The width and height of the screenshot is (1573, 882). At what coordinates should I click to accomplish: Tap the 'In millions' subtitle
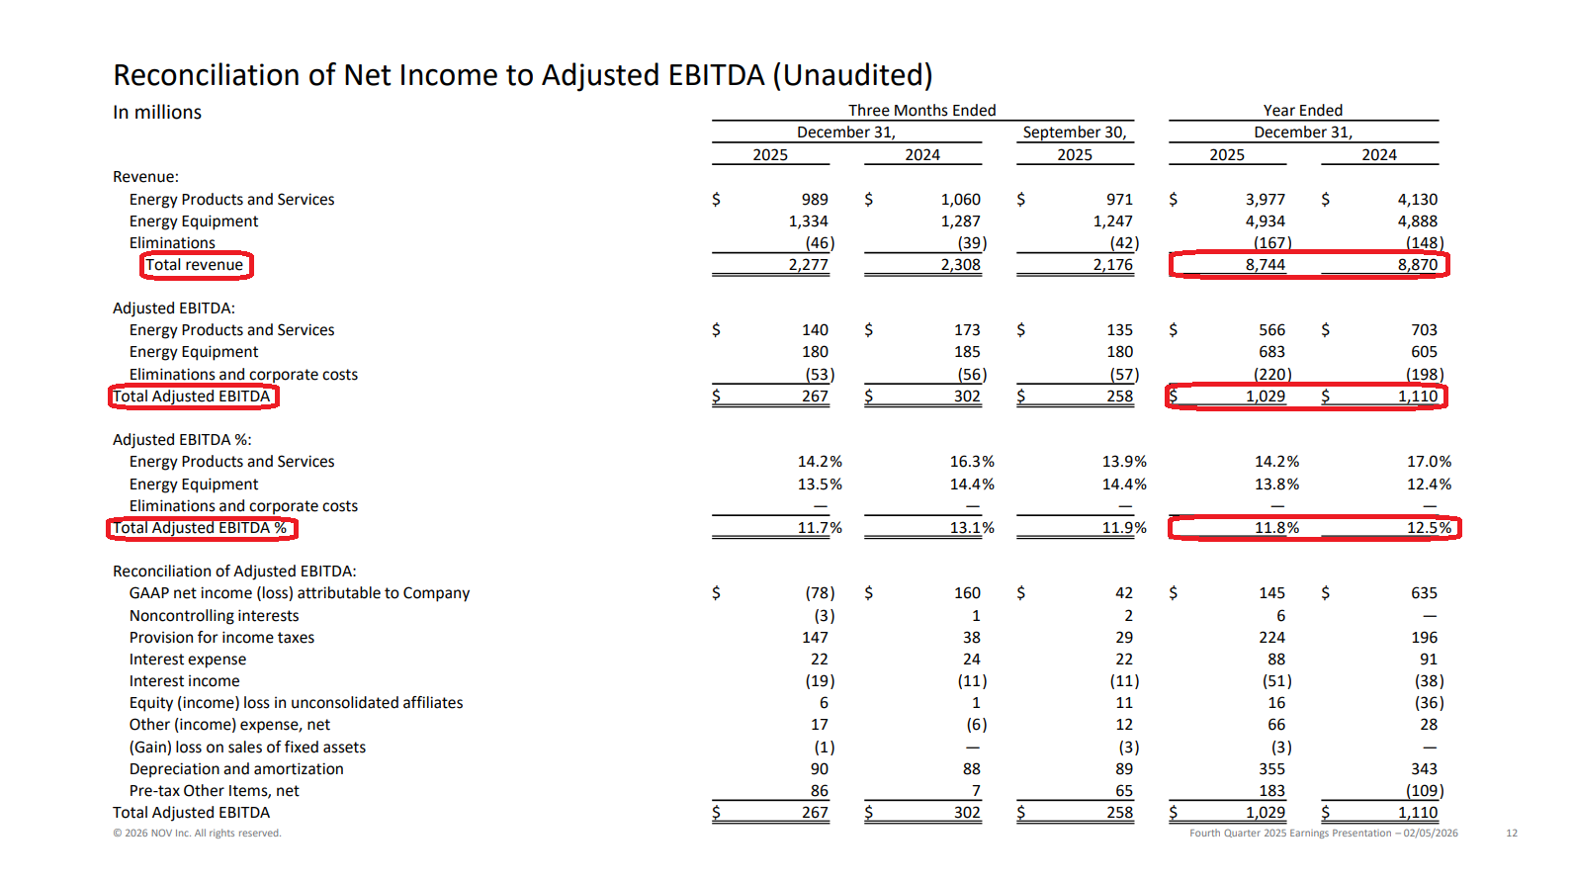[x=157, y=113]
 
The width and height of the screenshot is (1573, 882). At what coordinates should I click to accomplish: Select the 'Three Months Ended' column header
[x=922, y=111]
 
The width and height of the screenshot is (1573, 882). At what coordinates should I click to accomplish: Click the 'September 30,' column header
[x=1075, y=132]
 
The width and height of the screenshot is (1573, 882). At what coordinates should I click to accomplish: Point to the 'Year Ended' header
[x=1303, y=111]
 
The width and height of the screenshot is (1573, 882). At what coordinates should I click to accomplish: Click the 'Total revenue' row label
[x=194, y=265]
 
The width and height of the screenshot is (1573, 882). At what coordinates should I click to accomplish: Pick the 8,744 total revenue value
[x=1266, y=265]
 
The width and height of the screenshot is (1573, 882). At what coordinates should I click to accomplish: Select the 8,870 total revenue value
[x=1417, y=265]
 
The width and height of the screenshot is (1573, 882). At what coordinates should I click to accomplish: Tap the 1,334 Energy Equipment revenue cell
[x=809, y=221]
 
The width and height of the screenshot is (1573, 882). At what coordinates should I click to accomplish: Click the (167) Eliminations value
[x=1272, y=243]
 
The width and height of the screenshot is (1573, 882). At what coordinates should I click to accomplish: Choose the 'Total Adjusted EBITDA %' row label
[x=200, y=528]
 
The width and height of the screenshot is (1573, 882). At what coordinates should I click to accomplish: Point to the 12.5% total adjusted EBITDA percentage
[x=1429, y=528]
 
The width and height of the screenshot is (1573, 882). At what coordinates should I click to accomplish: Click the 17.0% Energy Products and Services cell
[x=1429, y=462]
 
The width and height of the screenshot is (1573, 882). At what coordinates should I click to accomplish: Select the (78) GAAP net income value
[x=820, y=593]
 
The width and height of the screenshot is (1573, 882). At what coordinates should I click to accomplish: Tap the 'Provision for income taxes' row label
[x=221, y=638]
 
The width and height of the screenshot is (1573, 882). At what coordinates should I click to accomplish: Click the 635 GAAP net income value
[x=1424, y=593]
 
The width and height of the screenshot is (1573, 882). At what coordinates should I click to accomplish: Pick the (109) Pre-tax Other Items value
[x=1424, y=791]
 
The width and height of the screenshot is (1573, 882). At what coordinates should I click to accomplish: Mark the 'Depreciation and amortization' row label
[x=236, y=769]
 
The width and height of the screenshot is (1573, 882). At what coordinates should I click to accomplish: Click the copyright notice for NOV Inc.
[x=197, y=833]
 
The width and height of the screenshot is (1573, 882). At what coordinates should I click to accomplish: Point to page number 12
[x=1511, y=833]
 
